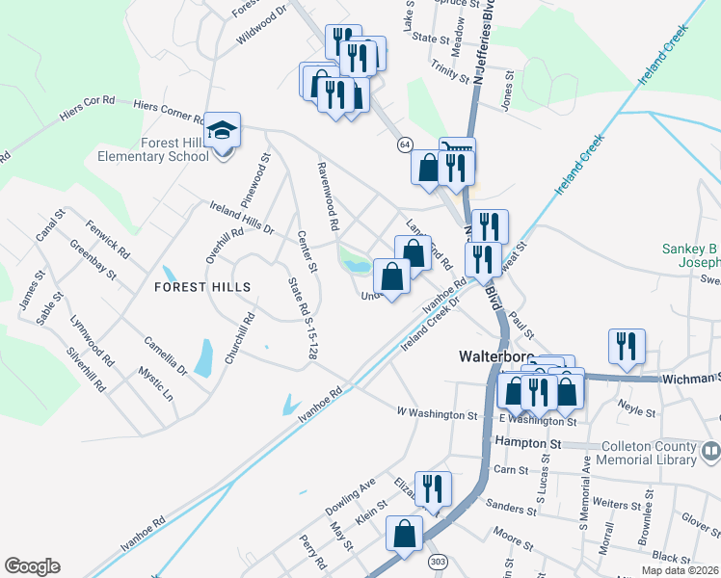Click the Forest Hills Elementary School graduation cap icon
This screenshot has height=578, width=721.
click(223, 131)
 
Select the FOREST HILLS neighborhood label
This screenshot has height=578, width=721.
click(200, 287)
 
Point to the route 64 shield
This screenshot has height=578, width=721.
click(406, 144)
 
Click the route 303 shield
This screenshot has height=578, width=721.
click(439, 561)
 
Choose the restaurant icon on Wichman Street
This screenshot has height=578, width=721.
click(628, 346)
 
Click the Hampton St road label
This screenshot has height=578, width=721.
click(527, 441)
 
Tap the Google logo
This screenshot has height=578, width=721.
click(32, 566)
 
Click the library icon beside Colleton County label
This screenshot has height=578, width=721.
click(712, 450)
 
